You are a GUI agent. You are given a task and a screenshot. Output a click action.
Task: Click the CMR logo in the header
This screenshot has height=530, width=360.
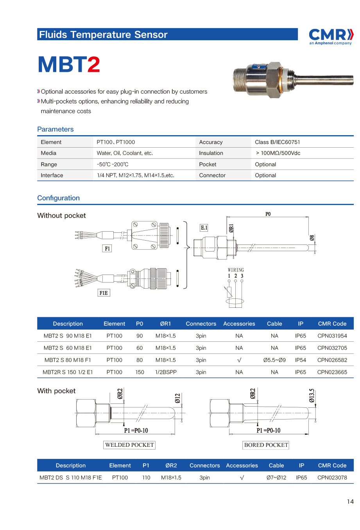(x=331, y=36)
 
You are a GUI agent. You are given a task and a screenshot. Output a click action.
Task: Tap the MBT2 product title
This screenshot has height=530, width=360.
(x=69, y=64)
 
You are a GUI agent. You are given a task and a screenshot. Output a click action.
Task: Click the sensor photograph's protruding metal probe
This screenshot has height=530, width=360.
(x=324, y=80)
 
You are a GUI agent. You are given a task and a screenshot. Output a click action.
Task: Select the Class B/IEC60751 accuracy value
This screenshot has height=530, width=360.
(x=277, y=142)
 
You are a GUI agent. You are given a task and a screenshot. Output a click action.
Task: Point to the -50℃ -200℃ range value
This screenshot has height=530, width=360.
(x=113, y=164)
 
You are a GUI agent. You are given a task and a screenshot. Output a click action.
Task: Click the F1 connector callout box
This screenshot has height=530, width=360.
(x=107, y=248)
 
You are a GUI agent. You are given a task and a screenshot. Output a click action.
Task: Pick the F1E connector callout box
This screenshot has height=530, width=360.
(x=104, y=293)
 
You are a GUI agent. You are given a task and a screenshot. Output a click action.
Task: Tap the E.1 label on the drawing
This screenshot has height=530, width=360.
(x=204, y=228)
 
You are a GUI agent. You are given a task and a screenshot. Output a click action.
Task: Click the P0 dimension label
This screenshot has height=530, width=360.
(x=268, y=214)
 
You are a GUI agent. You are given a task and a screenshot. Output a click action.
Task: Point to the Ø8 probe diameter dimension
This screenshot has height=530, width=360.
(x=312, y=237)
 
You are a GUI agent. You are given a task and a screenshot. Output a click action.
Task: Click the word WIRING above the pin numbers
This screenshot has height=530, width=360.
(x=236, y=270)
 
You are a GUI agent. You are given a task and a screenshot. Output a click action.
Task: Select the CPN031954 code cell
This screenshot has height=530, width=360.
(x=332, y=336)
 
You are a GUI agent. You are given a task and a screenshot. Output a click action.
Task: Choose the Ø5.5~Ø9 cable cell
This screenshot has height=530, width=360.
(x=274, y=360)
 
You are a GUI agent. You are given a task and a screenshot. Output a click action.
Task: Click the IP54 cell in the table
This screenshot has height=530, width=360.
(x=300, y=360)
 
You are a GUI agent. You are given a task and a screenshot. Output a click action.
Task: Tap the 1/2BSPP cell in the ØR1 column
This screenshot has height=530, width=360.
(x=166, y=372)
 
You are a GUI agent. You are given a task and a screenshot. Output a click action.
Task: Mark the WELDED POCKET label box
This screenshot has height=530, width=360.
(x=129, y=445)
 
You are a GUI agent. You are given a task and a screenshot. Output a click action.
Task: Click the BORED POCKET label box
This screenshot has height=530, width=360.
(x=266, y=445)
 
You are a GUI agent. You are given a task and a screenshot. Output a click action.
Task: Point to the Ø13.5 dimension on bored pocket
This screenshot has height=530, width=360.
(x=312, y=395)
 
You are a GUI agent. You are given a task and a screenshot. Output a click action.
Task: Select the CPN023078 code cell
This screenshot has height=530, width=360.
(x=332, y=478)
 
